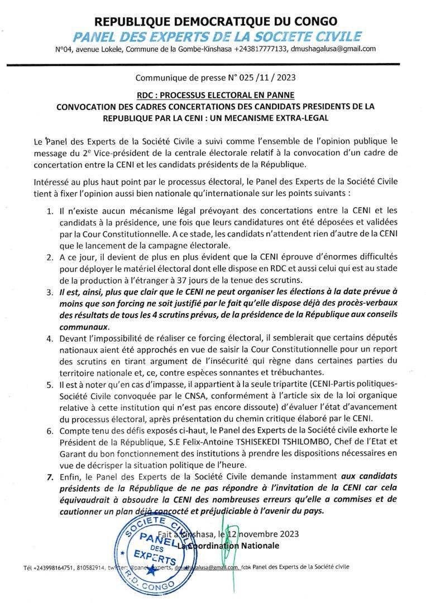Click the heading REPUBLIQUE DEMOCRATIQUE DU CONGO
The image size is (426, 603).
pos(216,22)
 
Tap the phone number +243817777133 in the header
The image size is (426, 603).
pos(261,49)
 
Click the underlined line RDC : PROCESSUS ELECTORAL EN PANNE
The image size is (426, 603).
pos(216,95)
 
